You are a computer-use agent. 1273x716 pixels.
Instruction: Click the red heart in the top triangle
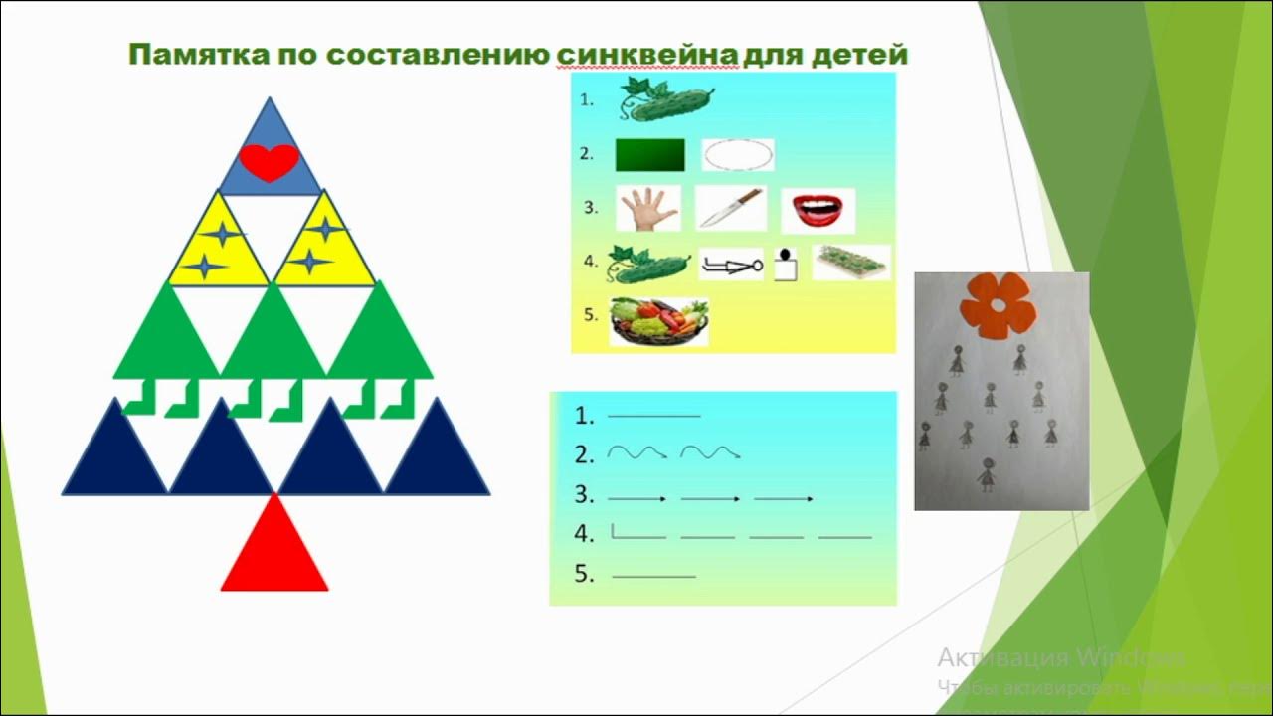(269, 162)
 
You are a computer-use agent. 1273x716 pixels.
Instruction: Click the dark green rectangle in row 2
(650, 155)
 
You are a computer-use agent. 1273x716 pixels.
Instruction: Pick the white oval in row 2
(737, 155)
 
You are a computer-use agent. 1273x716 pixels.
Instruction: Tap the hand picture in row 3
(648, 209)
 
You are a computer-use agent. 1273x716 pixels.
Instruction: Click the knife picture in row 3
(729, 208)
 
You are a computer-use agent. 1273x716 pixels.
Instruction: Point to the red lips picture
(818, 209)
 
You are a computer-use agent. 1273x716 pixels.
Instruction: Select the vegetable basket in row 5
(658, 321)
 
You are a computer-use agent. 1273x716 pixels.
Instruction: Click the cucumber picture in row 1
(666, 99)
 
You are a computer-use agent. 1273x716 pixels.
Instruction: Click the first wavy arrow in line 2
(636, 453)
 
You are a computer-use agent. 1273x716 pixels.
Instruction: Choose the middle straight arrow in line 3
(710, 497)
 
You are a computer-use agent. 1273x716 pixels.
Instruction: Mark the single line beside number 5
(653, 576)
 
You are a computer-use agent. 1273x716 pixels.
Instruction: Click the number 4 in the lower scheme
(584, 534)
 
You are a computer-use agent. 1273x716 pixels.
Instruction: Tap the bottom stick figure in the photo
(986, 475)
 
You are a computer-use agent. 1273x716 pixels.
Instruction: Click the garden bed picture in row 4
(851, 263)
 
